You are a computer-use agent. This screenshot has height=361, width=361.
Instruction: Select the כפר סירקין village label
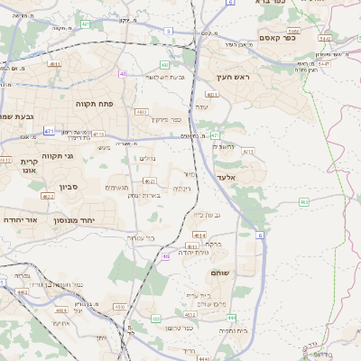165,119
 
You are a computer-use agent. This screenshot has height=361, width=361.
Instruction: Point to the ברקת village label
213,244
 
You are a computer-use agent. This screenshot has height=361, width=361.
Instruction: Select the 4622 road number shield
47,196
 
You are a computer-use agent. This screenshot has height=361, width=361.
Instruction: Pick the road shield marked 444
232,318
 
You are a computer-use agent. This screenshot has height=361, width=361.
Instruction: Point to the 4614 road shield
199,235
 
